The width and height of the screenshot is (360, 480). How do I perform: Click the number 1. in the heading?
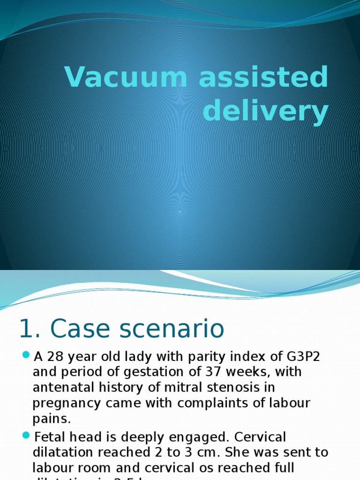tap(29, 329)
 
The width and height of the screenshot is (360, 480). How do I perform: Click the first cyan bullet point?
tap(26, 356)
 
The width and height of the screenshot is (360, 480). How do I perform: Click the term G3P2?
tap(305, 357)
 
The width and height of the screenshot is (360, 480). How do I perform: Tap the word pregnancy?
tap(65, 404)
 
